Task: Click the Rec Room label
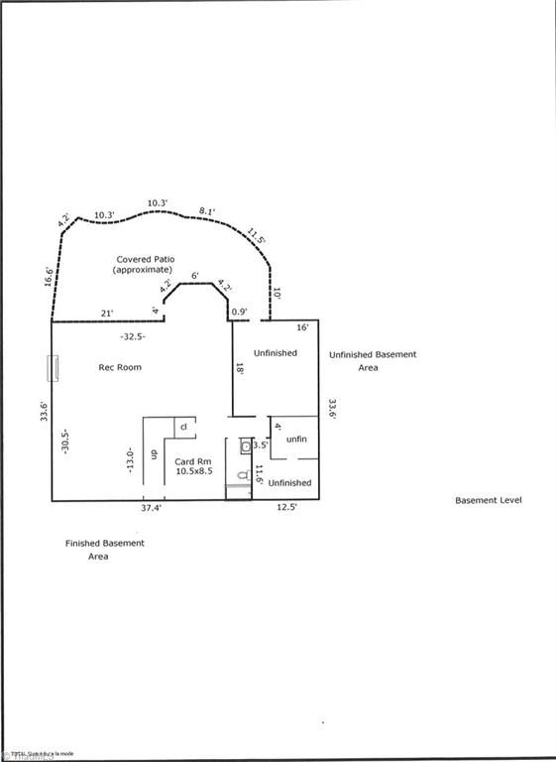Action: pos(119,367)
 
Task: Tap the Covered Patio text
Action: pos(145,264)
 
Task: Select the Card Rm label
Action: pos(192,467)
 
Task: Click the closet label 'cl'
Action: pos(183,428)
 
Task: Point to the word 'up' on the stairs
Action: pos(154,454)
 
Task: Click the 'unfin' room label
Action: pos(295,439)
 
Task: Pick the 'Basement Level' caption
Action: pos(488,500)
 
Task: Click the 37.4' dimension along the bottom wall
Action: pos(151,507)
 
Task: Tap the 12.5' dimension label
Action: pos(285,507)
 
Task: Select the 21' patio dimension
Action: pos(107,313)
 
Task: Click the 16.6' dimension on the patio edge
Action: pos(48,276)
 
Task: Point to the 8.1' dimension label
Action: pos(207,211)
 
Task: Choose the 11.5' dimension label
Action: pos(257,238)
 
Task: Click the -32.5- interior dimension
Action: pos(132,336)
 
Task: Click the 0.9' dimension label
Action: pos(238,314)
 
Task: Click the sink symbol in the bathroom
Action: pos(245,446)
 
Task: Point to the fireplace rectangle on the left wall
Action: pos(56,369)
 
